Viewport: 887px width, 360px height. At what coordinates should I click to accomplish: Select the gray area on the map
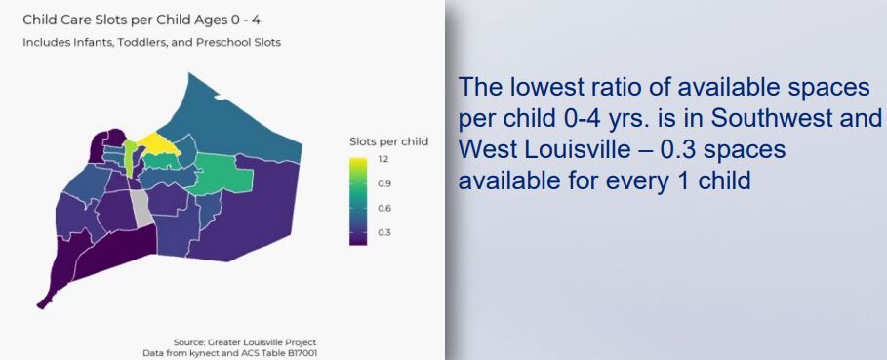coord(142,206)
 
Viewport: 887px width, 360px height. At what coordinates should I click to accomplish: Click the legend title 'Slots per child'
coord(388,141)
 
